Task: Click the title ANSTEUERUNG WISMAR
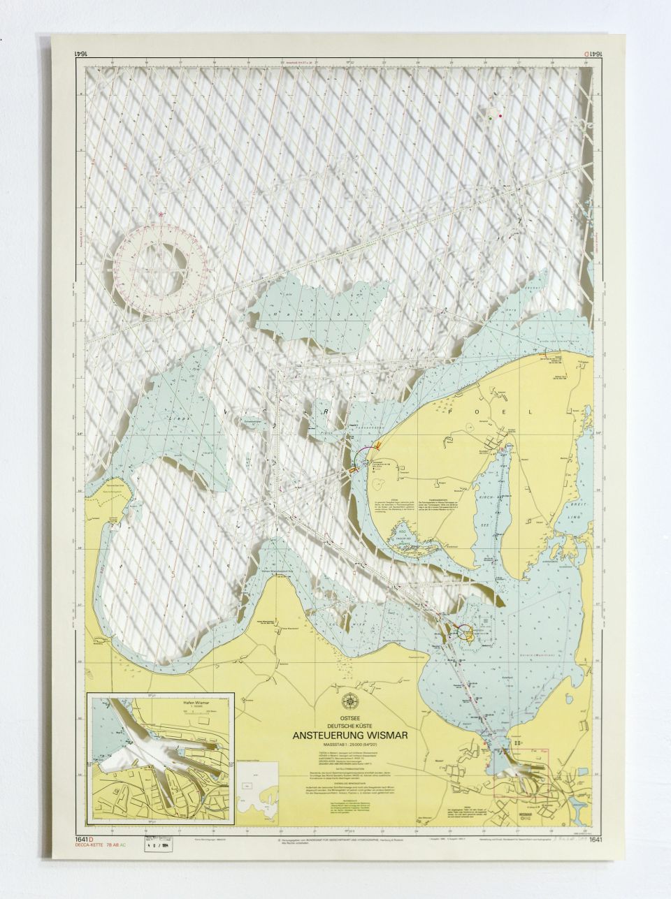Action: (x=350, y=735)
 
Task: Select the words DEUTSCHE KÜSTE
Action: (x=349, y=725)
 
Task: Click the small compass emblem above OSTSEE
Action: (x=349, y=701)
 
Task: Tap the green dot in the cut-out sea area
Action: (x=491, y=119)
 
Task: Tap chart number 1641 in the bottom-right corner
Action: (x=595, y=840)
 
